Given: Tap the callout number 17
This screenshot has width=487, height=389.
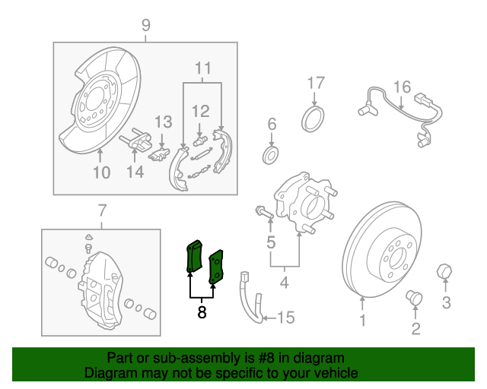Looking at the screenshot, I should tap(316, 82).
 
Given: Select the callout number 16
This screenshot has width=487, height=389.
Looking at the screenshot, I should tap(401, 86).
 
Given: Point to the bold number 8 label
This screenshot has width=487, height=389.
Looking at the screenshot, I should tap(202, 312).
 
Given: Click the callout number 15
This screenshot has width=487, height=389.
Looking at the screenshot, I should tap(285, 317).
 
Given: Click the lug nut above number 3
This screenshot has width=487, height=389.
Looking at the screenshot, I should tap(444, 271).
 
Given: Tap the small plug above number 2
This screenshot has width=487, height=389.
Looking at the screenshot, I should tap(415, 297).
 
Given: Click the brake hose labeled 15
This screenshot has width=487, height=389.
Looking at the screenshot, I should tap(252, 300).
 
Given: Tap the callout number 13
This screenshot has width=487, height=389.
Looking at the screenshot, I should tap(164, 122).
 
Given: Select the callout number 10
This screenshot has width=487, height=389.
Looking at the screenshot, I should tap(101, 172).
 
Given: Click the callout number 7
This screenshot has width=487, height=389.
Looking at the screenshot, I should tap(102, 210).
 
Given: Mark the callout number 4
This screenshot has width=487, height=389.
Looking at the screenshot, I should tap(284, 284).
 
